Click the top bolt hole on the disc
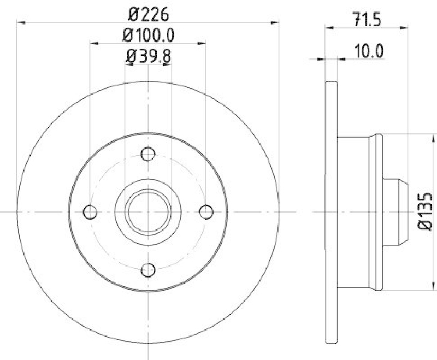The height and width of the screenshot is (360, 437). point(148,154)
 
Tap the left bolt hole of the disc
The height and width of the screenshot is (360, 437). point(90,211)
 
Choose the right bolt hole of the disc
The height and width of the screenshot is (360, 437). point(206,211)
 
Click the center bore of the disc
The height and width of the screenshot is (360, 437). point(148,211)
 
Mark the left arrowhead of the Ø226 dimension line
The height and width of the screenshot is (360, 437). point(21,22)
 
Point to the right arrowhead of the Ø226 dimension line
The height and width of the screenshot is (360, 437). point(275,22)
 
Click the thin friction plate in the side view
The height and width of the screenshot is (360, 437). point(331,211)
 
